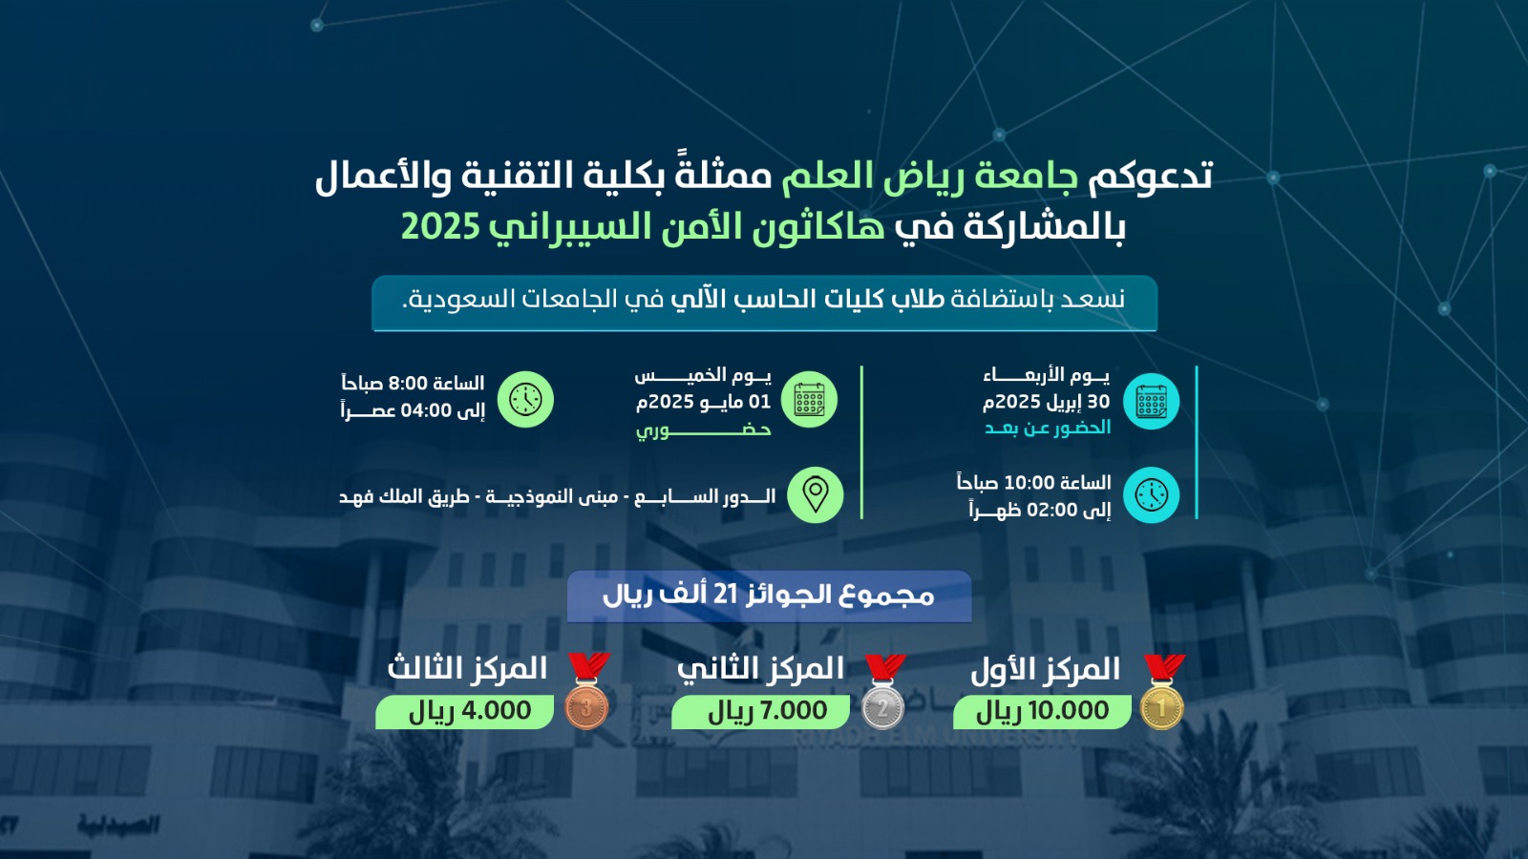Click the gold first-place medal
coord(1163,692)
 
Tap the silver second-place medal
coord(883,692)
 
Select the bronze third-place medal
coord(587,691)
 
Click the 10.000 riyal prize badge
coord(1042,712)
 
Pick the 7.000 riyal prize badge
coord(760,712)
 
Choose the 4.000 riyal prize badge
coord(464,712)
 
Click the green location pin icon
coord(816,495)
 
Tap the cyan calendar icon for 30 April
coord(1152,401)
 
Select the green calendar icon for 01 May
coord(809,400)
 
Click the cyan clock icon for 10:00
coord(1152,495)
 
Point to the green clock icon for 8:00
coord(525,400)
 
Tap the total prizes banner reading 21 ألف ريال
coord(769,597)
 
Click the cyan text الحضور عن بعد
coord(1047,429)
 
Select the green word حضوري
coord(703,430)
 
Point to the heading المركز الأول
coord(1045,669)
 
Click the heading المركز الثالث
coord(467,669)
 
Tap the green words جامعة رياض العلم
coord(930,176)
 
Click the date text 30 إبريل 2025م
coord(1047,402)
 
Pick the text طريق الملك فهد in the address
coord(404,496)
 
